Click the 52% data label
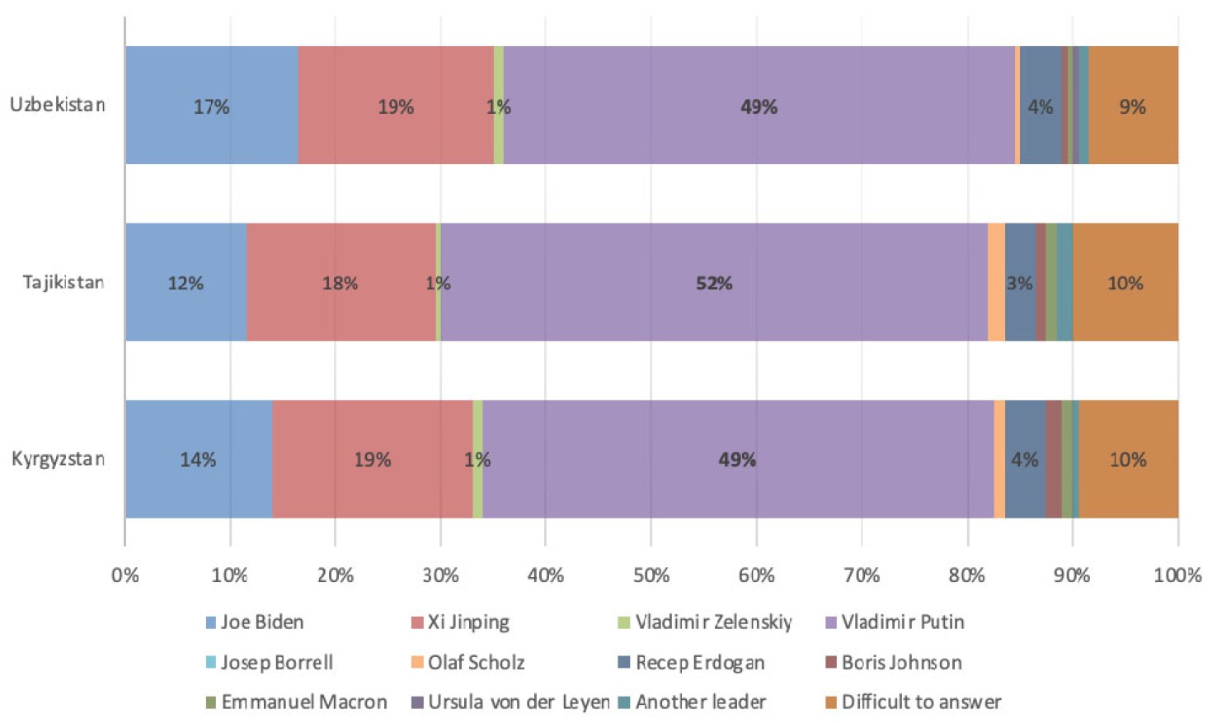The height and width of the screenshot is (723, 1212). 714,284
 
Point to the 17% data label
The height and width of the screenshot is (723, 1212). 211,107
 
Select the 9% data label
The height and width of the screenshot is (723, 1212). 1133,107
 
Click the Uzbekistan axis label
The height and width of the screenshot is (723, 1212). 58,105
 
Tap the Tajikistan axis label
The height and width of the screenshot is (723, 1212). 63,282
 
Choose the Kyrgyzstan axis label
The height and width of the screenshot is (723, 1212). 58,459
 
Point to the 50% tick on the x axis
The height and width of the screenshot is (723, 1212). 651,575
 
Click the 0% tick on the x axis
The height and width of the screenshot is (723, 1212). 125,575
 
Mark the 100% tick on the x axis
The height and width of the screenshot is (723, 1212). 1177,575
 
